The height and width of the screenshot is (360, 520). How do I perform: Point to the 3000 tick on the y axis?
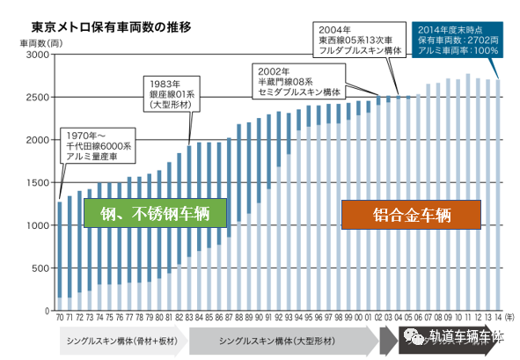click(x=41, y=55)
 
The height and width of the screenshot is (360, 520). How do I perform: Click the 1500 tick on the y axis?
click(x=41, y=183)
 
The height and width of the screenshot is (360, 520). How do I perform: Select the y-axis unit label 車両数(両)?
click(x=39, y=40)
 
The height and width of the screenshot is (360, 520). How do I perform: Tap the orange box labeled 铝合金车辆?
click(x=412, y=214)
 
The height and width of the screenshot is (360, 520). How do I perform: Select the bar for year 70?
click(x=60, y=256)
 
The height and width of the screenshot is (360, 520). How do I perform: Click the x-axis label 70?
click(x=60, y=318)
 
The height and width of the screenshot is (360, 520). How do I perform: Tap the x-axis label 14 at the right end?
click(x=498, y=318)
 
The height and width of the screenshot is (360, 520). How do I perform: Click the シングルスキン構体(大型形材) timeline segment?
click(x=283, y=340)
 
